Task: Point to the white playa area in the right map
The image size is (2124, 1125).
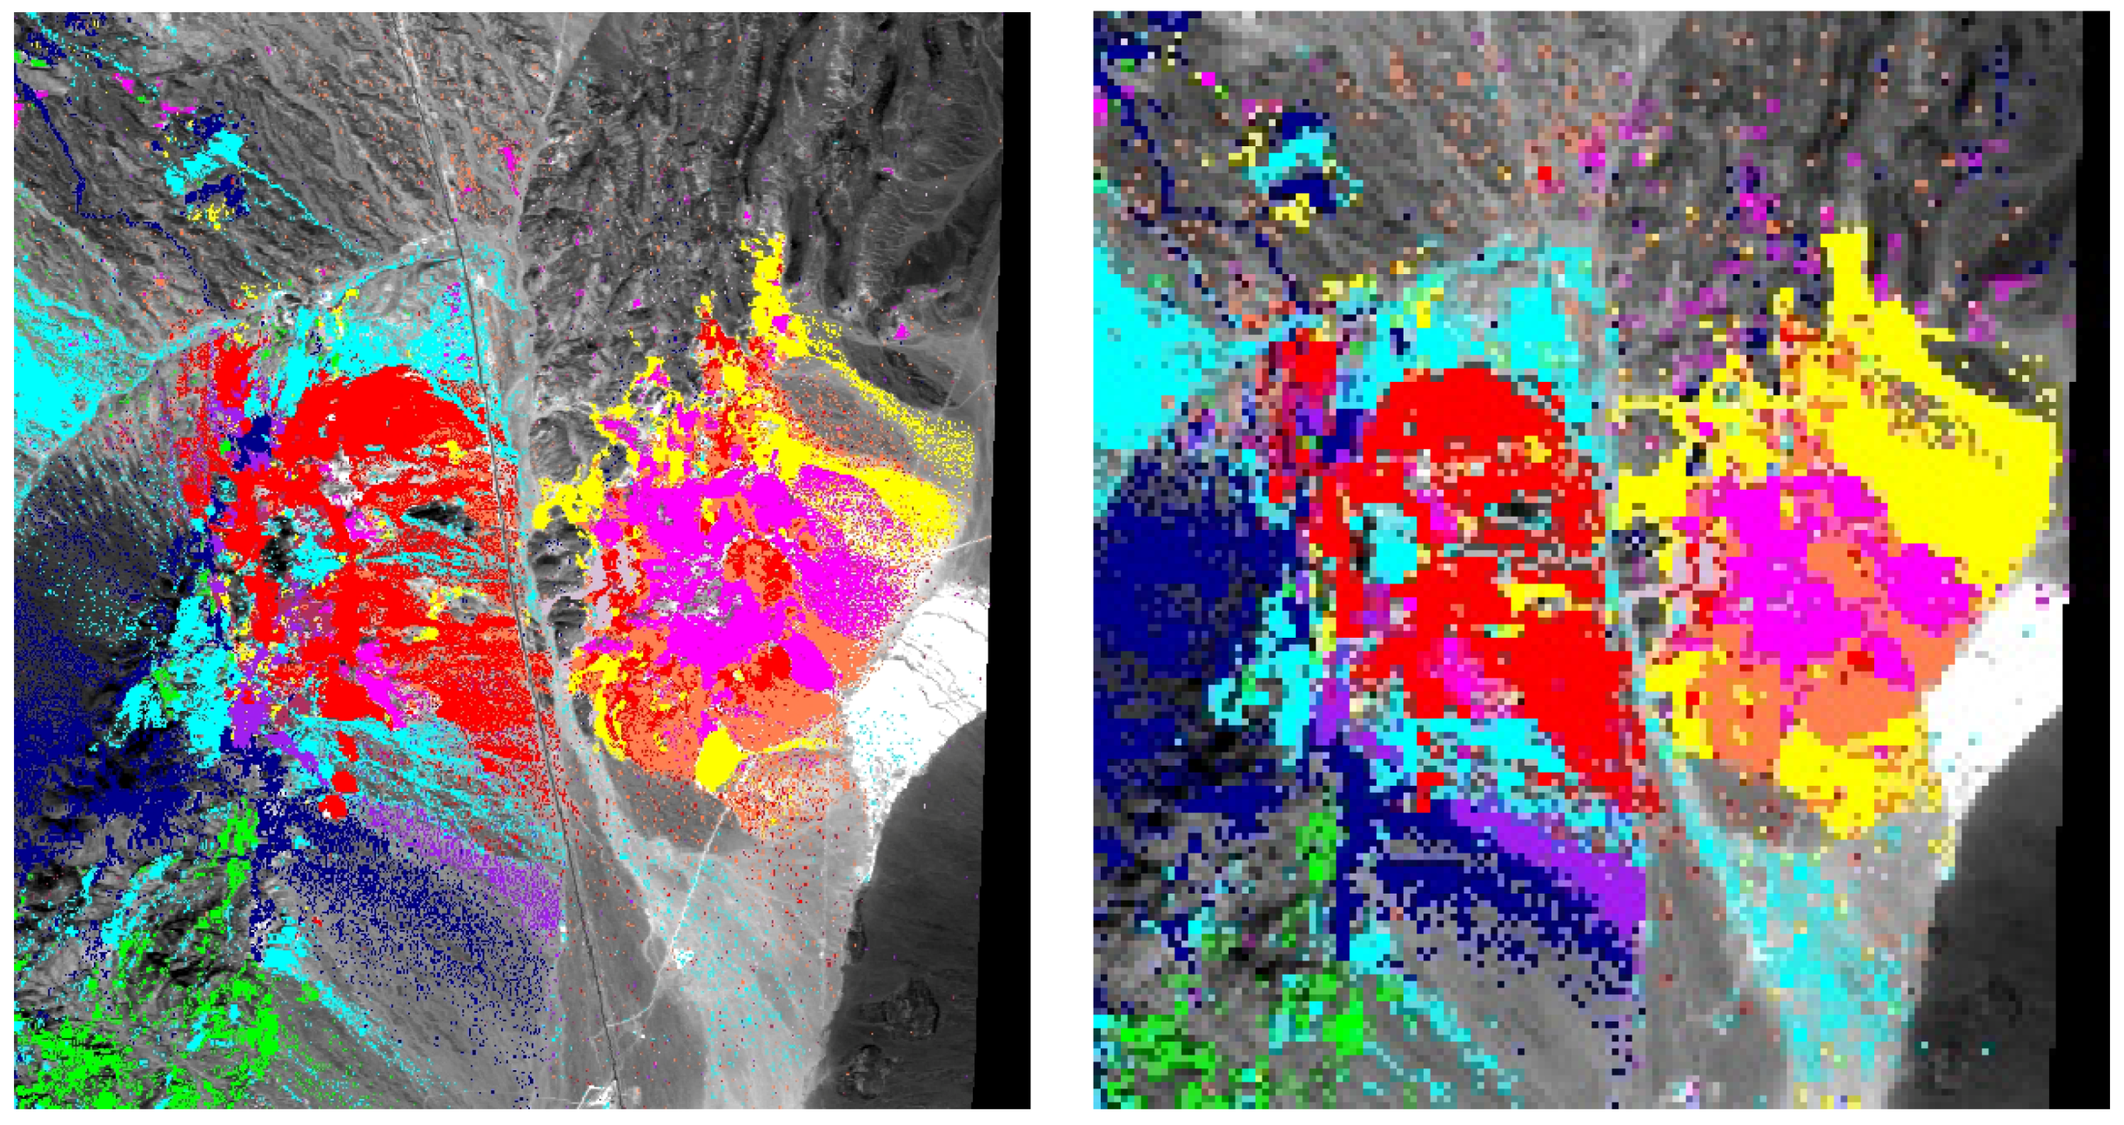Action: (2001, 687)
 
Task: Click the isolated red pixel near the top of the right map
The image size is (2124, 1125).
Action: (1544, 173)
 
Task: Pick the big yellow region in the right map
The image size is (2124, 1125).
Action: (1958, 452)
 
